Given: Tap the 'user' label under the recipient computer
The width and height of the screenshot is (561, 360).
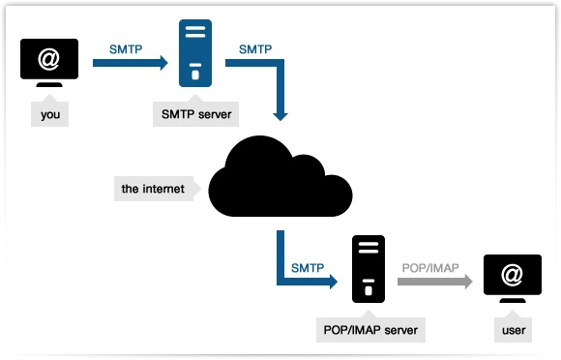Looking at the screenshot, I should point(514,331).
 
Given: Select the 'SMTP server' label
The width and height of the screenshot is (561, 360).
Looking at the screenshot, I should point(195,115).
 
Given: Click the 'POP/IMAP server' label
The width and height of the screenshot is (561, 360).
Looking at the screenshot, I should point(370,330).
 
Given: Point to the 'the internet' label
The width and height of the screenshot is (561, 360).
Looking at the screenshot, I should point(153,188).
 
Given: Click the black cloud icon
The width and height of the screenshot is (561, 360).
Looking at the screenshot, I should point(280,178).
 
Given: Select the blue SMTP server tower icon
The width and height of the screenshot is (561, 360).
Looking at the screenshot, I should point(196,53).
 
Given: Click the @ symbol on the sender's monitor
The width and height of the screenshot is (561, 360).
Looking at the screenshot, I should point(49,59).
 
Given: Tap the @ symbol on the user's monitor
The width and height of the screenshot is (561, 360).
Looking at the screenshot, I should point(513,276).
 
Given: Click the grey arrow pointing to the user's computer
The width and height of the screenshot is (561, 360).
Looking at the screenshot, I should point(432,283).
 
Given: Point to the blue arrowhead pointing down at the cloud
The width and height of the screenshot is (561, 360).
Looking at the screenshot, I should point(280,113).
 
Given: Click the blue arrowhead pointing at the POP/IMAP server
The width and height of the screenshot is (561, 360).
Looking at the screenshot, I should point(332,283).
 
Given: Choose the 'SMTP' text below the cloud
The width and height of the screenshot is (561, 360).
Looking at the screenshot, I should point(308,265).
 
